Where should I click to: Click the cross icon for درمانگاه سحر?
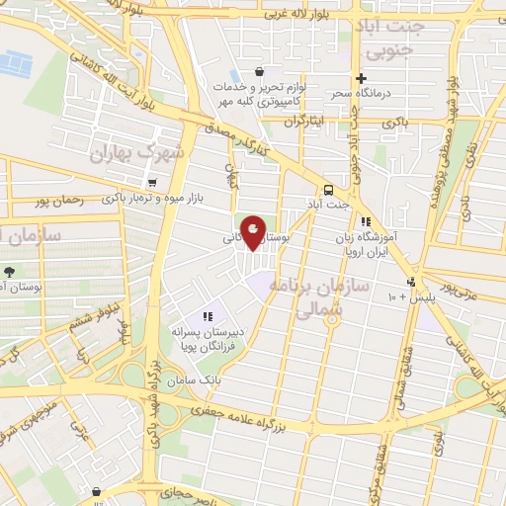pos(362,78)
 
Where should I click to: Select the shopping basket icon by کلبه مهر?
pos(259,72)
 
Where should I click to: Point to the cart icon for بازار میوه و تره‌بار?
pos(151,183)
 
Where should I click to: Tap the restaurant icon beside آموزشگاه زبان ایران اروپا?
pos(366,222)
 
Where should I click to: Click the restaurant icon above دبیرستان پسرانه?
pos(208,316)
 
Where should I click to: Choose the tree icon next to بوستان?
pos(9,271)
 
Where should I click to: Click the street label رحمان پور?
pos(53,202)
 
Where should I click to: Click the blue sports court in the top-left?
pos(16,64)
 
